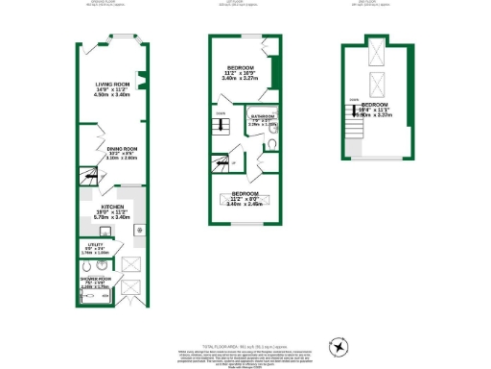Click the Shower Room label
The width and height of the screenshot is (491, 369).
(x=95, y=283)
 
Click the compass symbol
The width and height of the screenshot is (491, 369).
(x=339, y=345)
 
